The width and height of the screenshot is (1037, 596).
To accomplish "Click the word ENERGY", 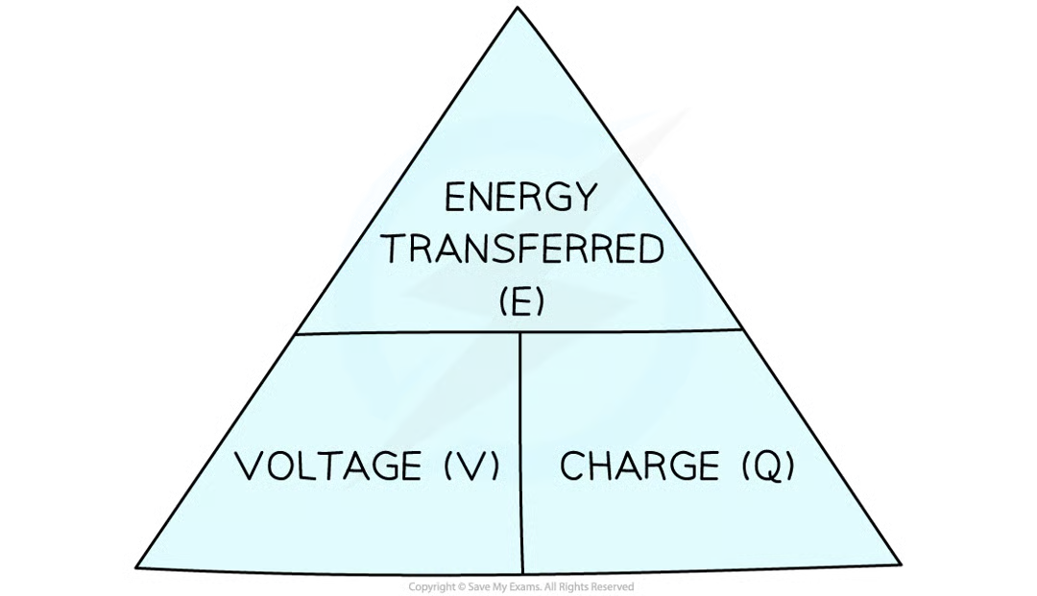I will coord(519,199).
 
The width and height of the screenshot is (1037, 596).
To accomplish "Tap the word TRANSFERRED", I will coord(524,250).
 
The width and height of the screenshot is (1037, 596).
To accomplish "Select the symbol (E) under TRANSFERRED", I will coord(522,302).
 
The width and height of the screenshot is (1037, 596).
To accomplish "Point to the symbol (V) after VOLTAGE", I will coord(471,467).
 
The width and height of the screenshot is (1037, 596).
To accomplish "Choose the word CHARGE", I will coord(639,467).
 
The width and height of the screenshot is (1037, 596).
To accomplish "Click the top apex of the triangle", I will coord(518,12).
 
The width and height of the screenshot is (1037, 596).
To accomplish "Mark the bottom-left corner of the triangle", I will coord(140,564).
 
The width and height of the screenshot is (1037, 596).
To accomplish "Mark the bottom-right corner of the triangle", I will coord(897,562).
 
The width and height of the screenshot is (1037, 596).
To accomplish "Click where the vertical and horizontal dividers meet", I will coord(520,332).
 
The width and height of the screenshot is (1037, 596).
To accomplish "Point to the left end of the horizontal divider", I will coord(296,333).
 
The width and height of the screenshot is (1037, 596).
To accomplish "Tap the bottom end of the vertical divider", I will coord(522,573).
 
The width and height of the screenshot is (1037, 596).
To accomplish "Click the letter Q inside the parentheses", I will coord(768,467).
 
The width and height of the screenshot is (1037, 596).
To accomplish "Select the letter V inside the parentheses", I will coord(471,467).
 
